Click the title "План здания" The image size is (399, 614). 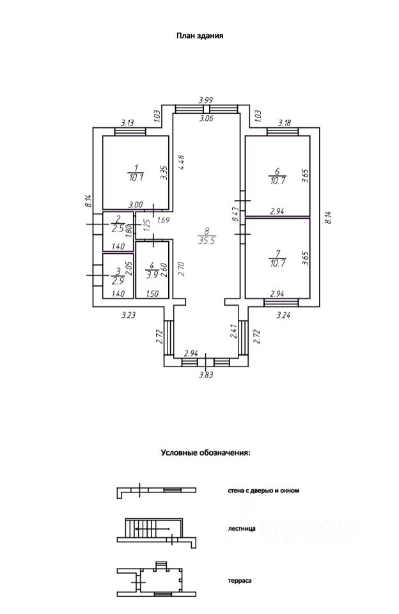199,36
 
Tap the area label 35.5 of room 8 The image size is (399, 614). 207,241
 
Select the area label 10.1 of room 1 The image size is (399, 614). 136,177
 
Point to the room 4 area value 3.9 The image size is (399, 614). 152,275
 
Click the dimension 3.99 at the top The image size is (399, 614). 205,100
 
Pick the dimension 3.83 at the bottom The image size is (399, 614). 206,375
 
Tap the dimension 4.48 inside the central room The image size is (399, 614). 181,163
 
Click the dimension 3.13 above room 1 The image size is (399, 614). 127,123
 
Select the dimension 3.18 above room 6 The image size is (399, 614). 285,123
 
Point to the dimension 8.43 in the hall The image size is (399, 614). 235,215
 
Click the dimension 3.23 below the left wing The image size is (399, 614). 129,315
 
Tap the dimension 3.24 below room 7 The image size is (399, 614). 283,315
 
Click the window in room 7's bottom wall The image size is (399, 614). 281,303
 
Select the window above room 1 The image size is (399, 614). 130,132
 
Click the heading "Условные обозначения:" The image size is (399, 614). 205,453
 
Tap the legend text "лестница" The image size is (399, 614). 242,529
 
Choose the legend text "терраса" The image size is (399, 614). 240,581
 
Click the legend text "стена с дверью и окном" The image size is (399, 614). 263,491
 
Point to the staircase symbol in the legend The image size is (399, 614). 156,533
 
